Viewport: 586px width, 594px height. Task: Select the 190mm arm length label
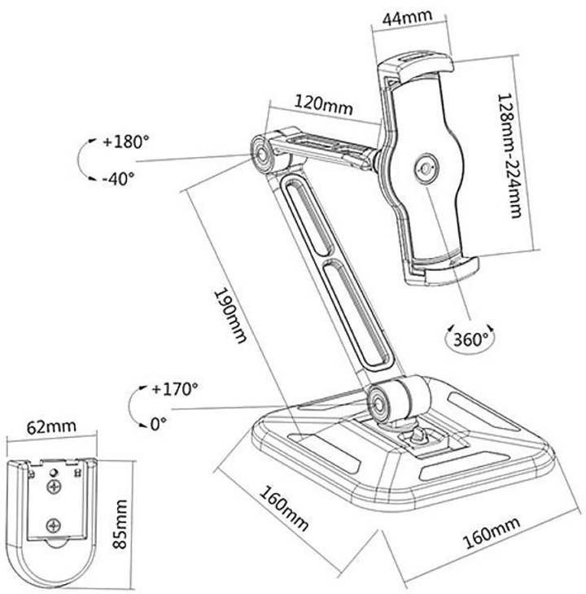coord(230,316)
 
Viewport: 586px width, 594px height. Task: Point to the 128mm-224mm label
coord(509,155)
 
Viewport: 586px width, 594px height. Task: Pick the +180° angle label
coord(126,142)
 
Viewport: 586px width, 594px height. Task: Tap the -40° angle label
coord(118,178)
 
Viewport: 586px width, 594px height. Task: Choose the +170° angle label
coord(175,389)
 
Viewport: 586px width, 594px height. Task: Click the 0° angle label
coord(159,424)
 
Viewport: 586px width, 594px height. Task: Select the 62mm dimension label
coord(51,427)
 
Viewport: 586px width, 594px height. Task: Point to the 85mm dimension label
coord(120,524)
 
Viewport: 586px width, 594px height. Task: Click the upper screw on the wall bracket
coord(54,487)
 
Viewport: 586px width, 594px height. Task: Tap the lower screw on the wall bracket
coord(54,526)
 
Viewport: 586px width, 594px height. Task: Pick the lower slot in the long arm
coord(356,312)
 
